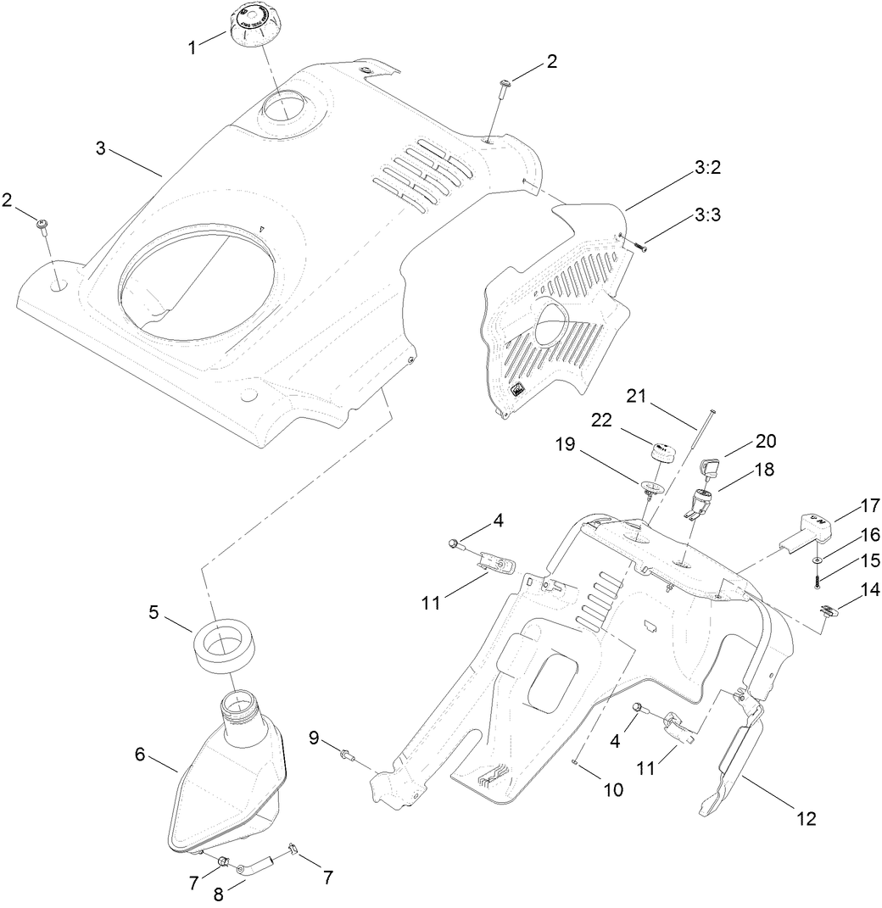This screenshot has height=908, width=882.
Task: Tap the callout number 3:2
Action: tap(707, 168)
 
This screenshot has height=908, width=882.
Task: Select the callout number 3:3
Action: tap(707, 216)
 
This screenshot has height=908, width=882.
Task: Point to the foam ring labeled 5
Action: tap(217, 642)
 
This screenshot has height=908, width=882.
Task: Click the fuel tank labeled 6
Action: tap(225, 780)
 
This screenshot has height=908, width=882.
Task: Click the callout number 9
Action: tap(314, 739)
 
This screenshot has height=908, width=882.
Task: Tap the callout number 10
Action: tap(613, 790)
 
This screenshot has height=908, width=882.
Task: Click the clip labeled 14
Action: tap(829, 608)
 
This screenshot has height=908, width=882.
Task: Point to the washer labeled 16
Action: tap(815, 560)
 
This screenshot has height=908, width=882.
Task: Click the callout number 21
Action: tap(636, 395)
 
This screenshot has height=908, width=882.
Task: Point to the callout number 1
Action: tap(193, 47)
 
